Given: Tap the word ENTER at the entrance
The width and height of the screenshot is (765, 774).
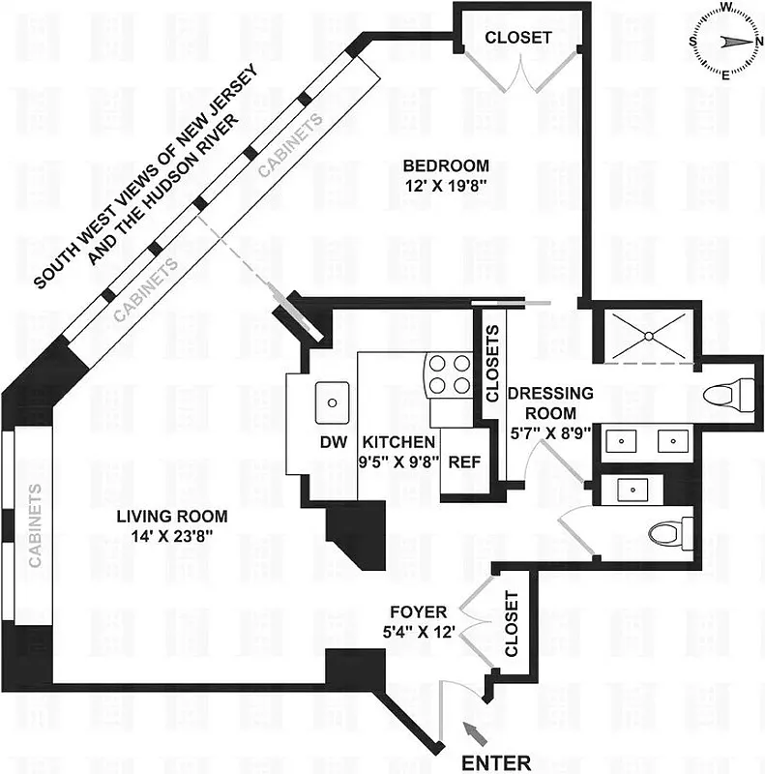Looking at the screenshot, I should (496, 761).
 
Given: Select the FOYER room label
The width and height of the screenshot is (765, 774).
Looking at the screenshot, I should (418, 612).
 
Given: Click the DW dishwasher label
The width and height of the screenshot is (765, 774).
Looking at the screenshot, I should (331, 442).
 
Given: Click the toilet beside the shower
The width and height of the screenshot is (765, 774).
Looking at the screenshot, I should (730, 394).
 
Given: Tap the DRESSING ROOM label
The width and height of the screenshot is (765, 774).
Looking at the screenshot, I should (549, 402).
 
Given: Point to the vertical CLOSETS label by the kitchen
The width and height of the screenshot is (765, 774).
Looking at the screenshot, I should (492, 364).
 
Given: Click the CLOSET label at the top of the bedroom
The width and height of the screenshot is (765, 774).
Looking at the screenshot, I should (518, 38).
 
